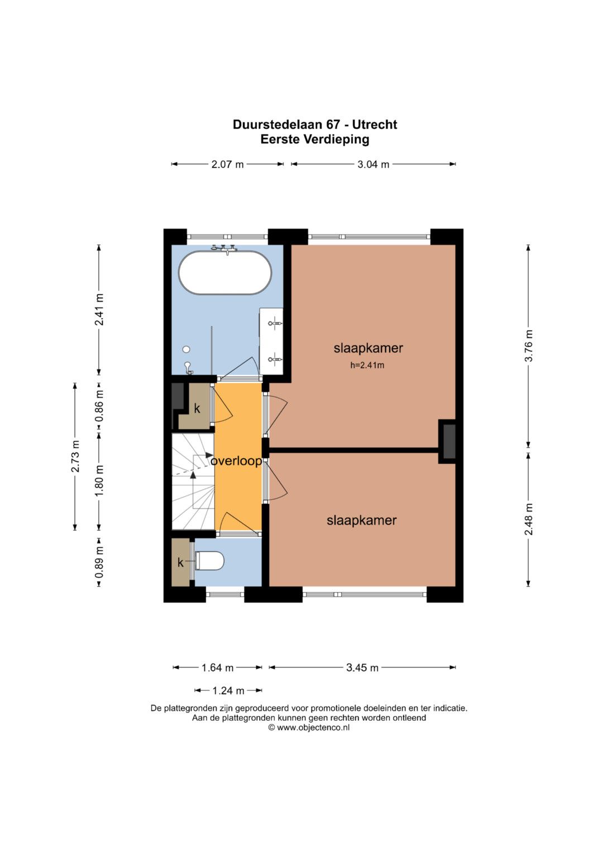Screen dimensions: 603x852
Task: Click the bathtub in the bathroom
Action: coord(225,272)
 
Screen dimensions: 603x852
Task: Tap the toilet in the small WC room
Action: coord(209,561)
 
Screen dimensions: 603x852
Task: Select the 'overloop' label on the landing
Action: coord(236,461)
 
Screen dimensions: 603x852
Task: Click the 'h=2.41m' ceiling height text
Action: coord(367,365)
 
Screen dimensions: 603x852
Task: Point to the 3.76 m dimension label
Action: coord(528,346)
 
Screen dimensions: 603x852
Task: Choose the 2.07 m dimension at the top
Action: coord(227,164)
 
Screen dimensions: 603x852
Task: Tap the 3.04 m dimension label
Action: coord(373,164)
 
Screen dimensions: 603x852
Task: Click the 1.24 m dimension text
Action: coord(228,690)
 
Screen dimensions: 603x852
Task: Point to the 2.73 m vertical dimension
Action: coord(75,456)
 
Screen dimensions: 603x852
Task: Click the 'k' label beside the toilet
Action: coord(180,562)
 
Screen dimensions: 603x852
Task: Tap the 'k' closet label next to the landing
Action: coord(197,408)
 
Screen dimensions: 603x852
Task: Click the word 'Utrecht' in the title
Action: coord(375,125)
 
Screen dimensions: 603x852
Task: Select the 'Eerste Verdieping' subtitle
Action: coord(315,139)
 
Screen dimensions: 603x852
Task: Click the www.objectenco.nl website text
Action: coord(313,727)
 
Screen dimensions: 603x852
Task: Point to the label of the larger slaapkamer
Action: coord(368,348)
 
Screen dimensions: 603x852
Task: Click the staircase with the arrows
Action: coord(193,482)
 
